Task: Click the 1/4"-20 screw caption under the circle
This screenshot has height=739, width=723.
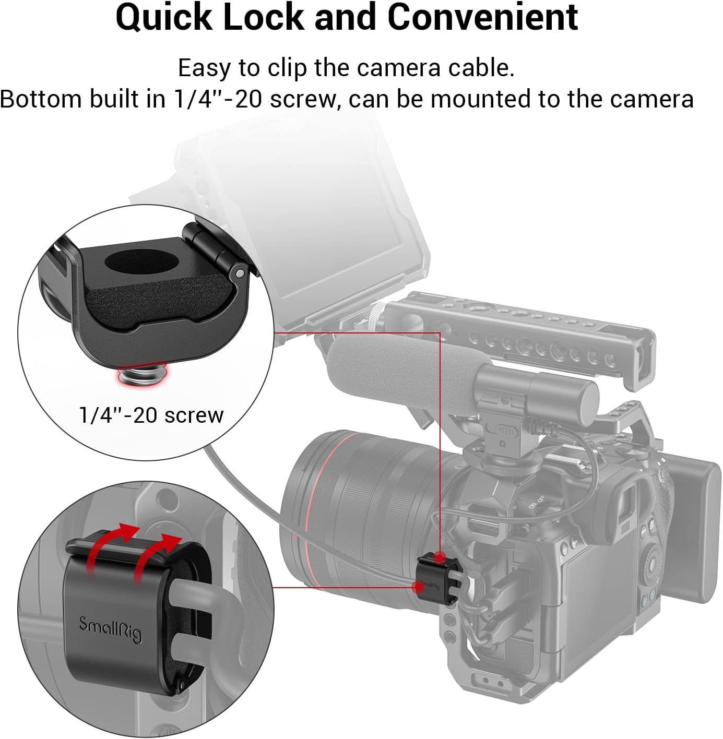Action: tap(151, 415)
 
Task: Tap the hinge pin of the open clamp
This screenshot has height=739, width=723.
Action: tap(239, 272)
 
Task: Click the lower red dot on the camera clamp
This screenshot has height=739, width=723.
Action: tap(419, 586)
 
